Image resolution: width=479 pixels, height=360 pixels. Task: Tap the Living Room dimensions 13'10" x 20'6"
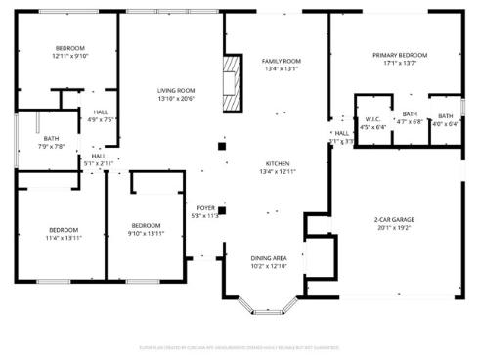coord(176,99)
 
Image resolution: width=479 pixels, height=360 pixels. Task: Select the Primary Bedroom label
coord(401,55)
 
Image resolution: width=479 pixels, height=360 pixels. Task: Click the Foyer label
coord(206,207)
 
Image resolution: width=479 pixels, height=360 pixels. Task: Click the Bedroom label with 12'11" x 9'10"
coord(68,48)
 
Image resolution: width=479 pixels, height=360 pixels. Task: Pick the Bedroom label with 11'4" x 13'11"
coord(63,230)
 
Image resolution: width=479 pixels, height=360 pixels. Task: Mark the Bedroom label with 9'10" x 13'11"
coord(146,224)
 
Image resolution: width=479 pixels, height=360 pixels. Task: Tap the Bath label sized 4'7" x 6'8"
coord(410,114)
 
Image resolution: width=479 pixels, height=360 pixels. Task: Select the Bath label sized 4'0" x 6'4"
coord(445,116)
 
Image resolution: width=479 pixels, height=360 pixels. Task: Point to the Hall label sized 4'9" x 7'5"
coord(101,112)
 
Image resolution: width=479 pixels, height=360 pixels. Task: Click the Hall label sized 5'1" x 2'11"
coord(99,156)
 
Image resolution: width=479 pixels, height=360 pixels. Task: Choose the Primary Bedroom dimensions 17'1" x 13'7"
coord(401,64)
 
